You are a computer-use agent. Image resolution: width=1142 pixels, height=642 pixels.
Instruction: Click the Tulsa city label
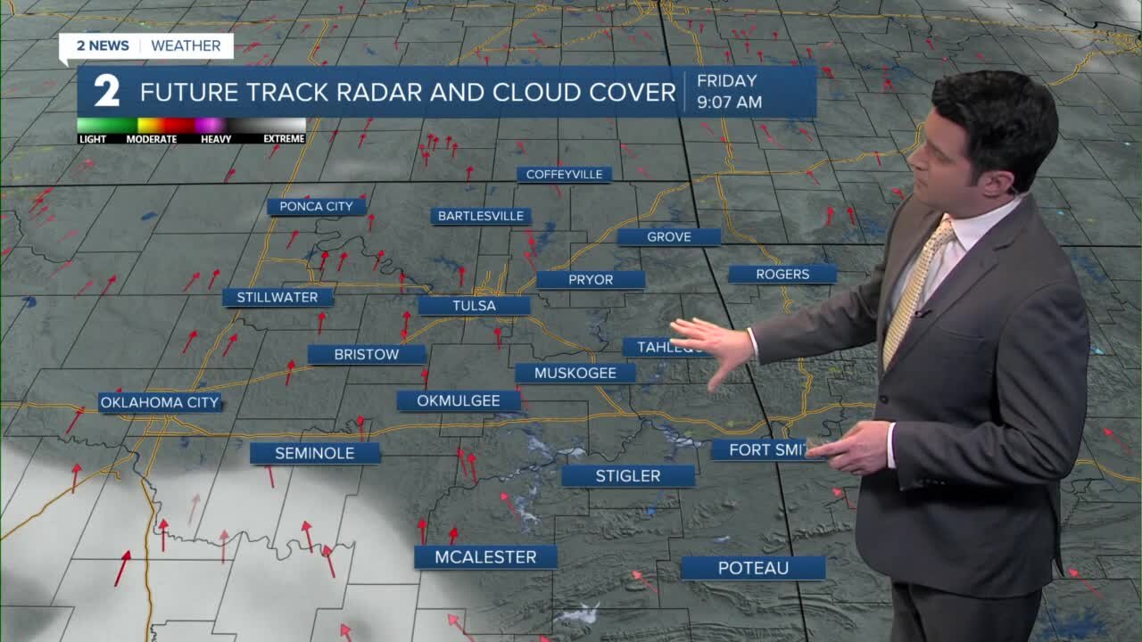[x=474, y=306]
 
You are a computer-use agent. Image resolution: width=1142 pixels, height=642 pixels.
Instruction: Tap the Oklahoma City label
[x=160, y=403]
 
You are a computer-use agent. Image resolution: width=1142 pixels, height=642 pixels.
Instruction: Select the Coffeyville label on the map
[x=564, y=175]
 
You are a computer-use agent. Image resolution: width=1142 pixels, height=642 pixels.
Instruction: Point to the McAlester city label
[x=485, y=557]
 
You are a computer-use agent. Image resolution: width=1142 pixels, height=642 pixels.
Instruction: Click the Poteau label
[x=753, y=568]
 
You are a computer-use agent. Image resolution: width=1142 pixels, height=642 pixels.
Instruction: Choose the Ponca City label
[x=316, y=207]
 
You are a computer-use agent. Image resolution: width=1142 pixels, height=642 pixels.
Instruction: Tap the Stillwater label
[x=277, y=298]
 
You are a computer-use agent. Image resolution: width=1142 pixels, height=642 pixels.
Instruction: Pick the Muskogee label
[x=575, y=374]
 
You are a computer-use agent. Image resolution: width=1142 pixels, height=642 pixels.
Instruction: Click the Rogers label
[x=782, y=275]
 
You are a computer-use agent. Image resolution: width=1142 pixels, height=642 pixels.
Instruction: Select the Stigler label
[x=628, y=476]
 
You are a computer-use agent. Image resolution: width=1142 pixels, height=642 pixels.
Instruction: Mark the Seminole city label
[x=314, y=454]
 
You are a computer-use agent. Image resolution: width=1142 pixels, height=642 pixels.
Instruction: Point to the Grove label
[x=669, y=237]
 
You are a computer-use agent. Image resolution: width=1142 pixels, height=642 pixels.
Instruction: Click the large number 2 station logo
[x=107, y=92]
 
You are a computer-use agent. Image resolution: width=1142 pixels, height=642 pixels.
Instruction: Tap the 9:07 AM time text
[x=729, y=103]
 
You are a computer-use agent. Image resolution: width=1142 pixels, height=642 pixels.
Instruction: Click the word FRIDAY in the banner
[x=726, y=81]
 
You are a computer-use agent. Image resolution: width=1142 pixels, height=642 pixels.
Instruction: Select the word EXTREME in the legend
[x=283, y=139]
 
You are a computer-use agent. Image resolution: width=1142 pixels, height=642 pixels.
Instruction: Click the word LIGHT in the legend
[x=93, y=139]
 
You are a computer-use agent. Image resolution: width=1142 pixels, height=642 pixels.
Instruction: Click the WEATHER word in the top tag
[x=186, y=45]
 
